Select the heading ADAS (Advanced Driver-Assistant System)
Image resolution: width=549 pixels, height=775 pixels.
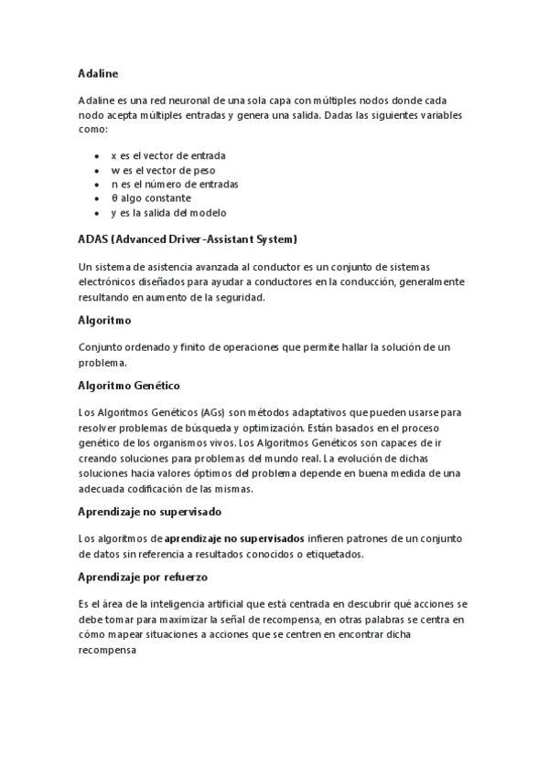(188, 239)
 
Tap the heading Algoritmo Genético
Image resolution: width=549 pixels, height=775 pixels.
(130, 387)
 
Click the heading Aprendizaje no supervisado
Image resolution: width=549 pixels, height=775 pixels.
(150, 511)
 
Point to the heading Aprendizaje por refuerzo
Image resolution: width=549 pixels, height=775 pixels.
(145, 578)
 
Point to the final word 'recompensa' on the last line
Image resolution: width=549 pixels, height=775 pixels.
(108, 649)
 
